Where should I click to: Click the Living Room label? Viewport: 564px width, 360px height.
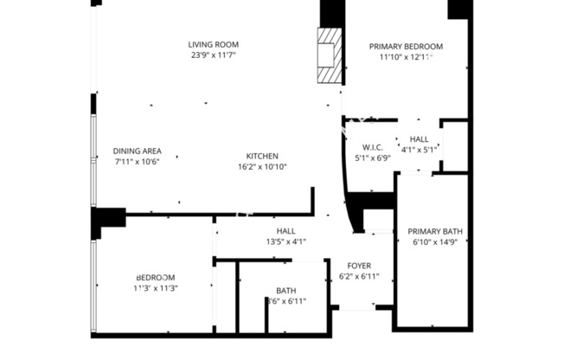click(214, 44)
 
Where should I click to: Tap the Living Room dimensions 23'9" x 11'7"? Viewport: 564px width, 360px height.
click(214, 55)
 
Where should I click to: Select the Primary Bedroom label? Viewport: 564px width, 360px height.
click(406, 47)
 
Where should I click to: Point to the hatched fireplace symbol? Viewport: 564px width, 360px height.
click(328, 55)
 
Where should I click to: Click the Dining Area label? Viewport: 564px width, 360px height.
click(138, 151)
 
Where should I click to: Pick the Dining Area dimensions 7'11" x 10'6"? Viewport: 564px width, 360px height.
click(138, 161)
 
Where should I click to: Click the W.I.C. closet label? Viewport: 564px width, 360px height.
click(373, 147)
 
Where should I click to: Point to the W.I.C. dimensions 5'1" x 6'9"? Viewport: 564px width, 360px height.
click(373, 157)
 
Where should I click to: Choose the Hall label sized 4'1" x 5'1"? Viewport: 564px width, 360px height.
click(419, 138)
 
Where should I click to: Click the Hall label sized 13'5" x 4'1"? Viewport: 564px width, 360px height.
click(285, 231)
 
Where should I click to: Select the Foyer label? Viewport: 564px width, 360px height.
click(360, 266)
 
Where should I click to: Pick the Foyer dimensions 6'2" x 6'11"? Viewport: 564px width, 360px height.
click(360, 277)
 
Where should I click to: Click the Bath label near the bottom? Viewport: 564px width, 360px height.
click(285, 291)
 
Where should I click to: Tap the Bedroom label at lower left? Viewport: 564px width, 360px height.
click(156, 277)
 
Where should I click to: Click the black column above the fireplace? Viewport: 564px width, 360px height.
click(332, 12)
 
